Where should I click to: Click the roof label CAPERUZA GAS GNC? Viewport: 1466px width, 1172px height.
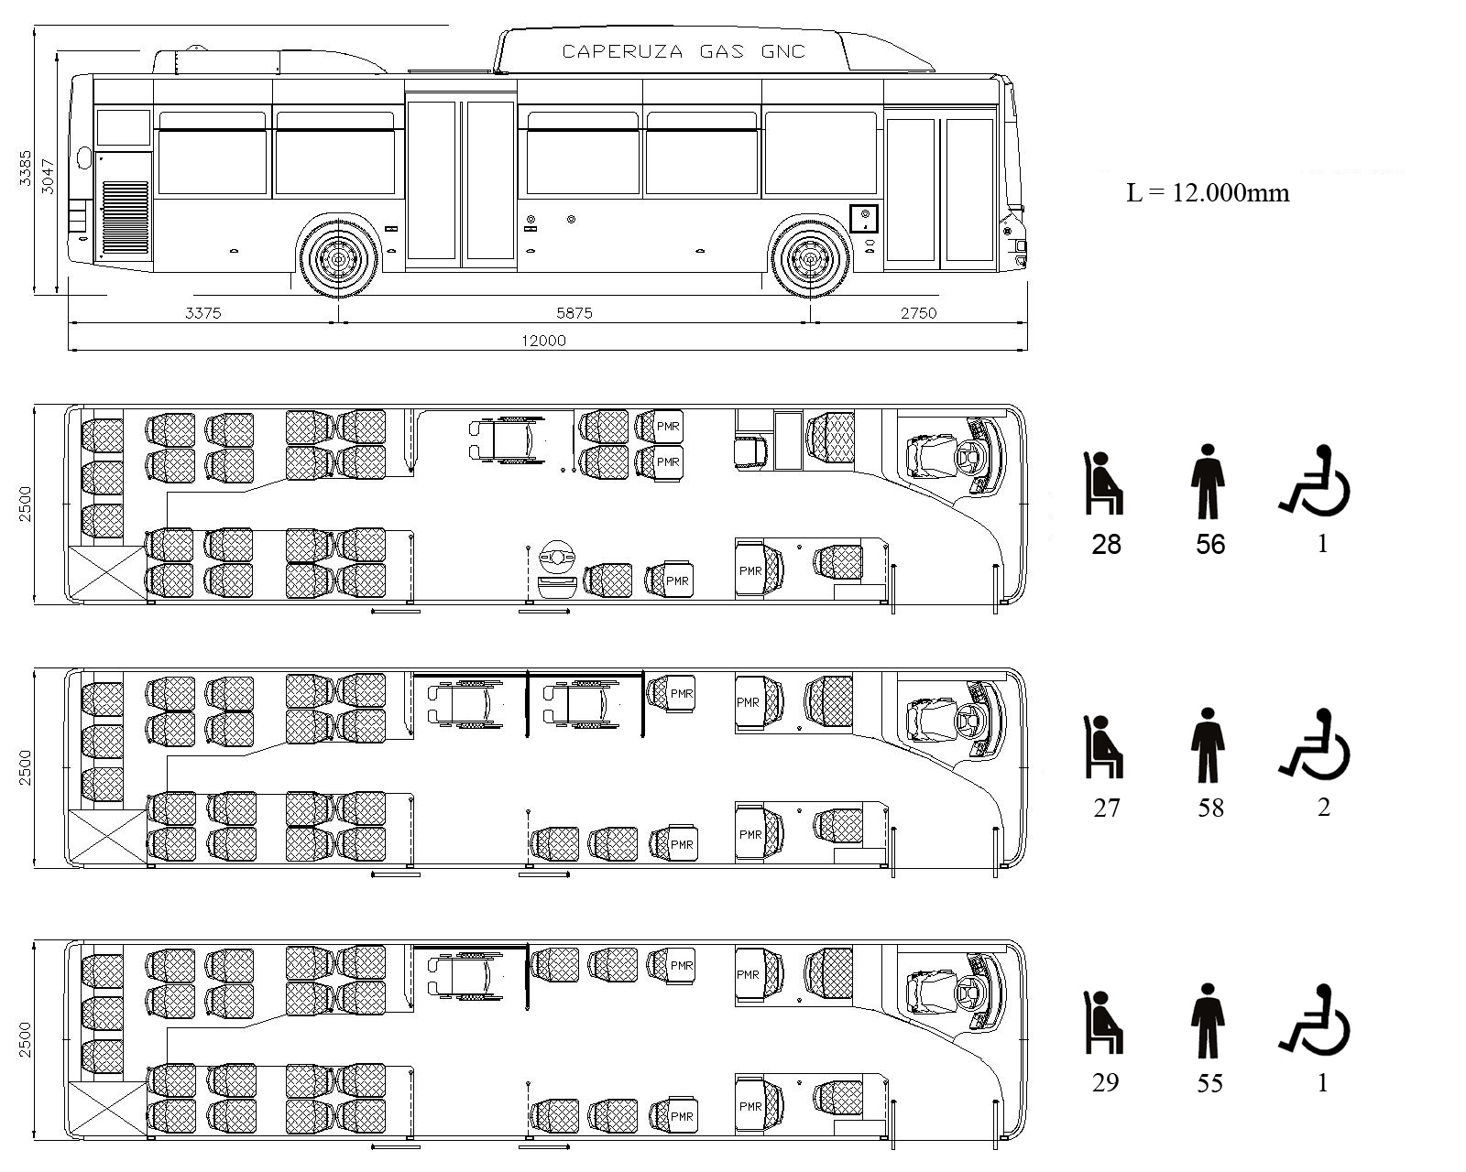[683, 51]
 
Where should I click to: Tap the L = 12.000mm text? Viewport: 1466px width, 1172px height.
[1208, 192]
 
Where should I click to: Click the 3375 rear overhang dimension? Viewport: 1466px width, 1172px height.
[202, 313]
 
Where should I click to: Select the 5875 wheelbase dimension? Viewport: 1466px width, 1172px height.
[574, 313]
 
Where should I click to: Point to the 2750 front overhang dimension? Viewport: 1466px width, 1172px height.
[918, 313]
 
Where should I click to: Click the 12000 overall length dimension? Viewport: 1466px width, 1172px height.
[543, 341]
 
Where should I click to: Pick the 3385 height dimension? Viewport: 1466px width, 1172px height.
[26, 168]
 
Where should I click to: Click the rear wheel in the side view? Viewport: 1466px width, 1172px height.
[338, 258]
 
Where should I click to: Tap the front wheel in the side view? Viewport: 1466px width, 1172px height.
[810, 258]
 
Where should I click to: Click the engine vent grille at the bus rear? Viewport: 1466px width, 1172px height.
[126, 217]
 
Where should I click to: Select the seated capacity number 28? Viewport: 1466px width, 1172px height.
[1106, 545]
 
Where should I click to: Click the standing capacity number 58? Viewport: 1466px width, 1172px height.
[1210, 808]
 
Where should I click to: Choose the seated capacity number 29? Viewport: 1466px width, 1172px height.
[1106, 1082]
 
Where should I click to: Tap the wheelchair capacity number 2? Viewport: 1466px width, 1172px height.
[1322, 808]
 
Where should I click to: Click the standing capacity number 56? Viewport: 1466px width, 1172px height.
[1210, 545]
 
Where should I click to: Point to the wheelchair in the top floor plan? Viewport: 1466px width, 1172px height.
[507, 438]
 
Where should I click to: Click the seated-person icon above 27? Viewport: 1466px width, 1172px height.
[1103, 747]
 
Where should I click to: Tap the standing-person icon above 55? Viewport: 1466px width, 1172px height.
[1208, 1020]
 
